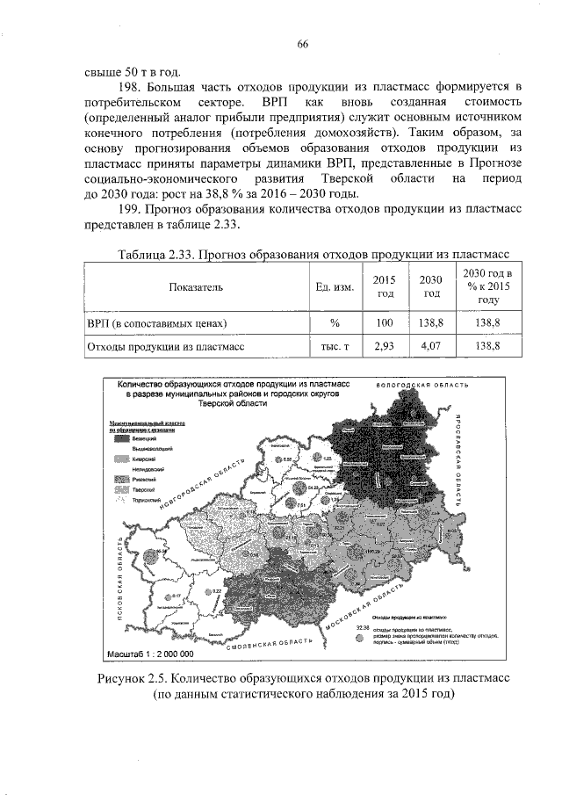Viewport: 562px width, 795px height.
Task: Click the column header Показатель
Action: tap(198, 287)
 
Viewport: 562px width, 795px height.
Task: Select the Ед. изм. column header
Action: tap(334, 287)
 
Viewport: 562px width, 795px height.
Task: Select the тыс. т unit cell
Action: tap(334, 347)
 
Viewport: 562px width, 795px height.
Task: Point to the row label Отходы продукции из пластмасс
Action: tap(159, 347)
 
